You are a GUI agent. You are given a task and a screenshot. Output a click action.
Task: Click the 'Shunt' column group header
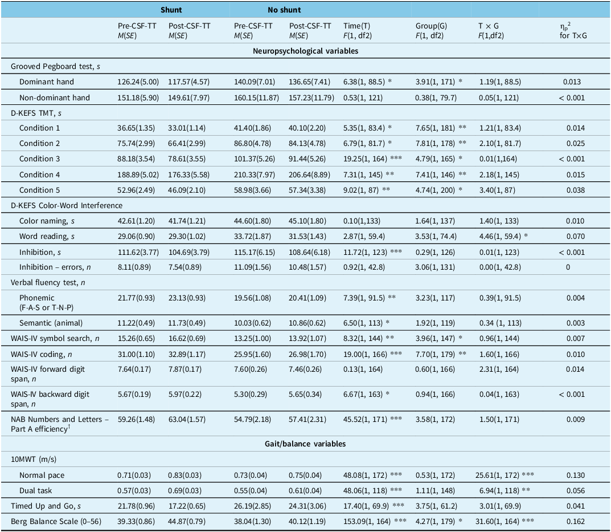(x=171, y=10)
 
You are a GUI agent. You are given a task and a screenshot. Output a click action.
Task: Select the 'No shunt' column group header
(x=284, y=10)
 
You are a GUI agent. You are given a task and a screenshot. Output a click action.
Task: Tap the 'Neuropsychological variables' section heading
(x=305, y=51)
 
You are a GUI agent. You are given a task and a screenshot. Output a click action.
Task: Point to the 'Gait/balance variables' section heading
(x=305, y=444)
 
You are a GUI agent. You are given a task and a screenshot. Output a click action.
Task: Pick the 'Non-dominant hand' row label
(x=55, y=98)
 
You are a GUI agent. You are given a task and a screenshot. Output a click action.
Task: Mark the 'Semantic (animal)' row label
(x=51, y=322)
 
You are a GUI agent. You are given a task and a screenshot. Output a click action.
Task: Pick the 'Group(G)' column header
(x=431, y=26)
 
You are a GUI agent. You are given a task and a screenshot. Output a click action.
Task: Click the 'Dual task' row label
(x=36, y=490)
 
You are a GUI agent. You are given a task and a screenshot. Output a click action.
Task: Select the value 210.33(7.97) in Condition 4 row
(x=253, y=174)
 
